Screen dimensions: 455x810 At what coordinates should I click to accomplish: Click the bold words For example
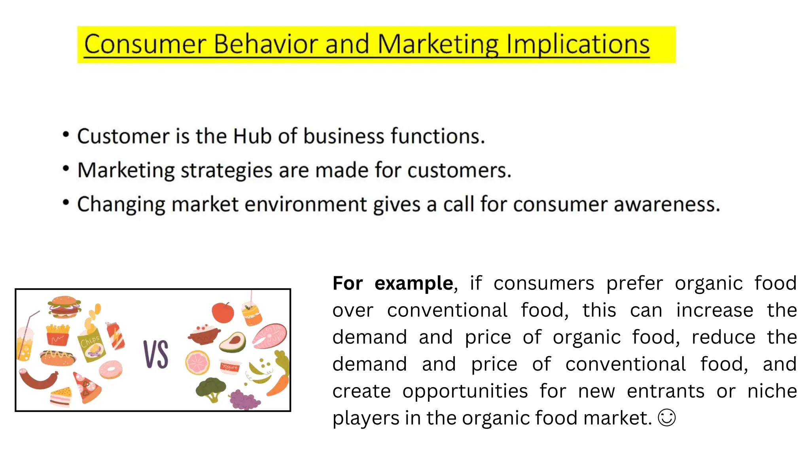pyautogui.click(x=392, y=283)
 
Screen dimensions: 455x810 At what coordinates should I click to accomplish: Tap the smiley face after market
pyautogui.click(x=667, y=418)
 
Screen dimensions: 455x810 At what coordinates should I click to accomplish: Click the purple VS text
pyautogui.click(x=156, y=354)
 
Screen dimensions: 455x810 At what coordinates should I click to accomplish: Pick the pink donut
pyautogui.click(x=111, y=370)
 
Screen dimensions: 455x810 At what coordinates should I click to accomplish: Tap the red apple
pyautogui.click(x=223, y=312)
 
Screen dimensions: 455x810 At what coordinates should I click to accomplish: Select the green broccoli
pyautogui.click(x=211, y=389)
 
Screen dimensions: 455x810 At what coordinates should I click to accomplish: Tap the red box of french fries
pyautogui.click(x=58, y=335)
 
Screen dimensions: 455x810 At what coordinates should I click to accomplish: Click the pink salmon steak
pyautogui.click(x=270, y=336)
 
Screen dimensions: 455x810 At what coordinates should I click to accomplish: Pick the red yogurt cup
pyautogui.click(x=230, y=367)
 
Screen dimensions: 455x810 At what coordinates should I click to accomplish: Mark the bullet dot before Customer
pyautogui.click(x=66, y=135)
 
